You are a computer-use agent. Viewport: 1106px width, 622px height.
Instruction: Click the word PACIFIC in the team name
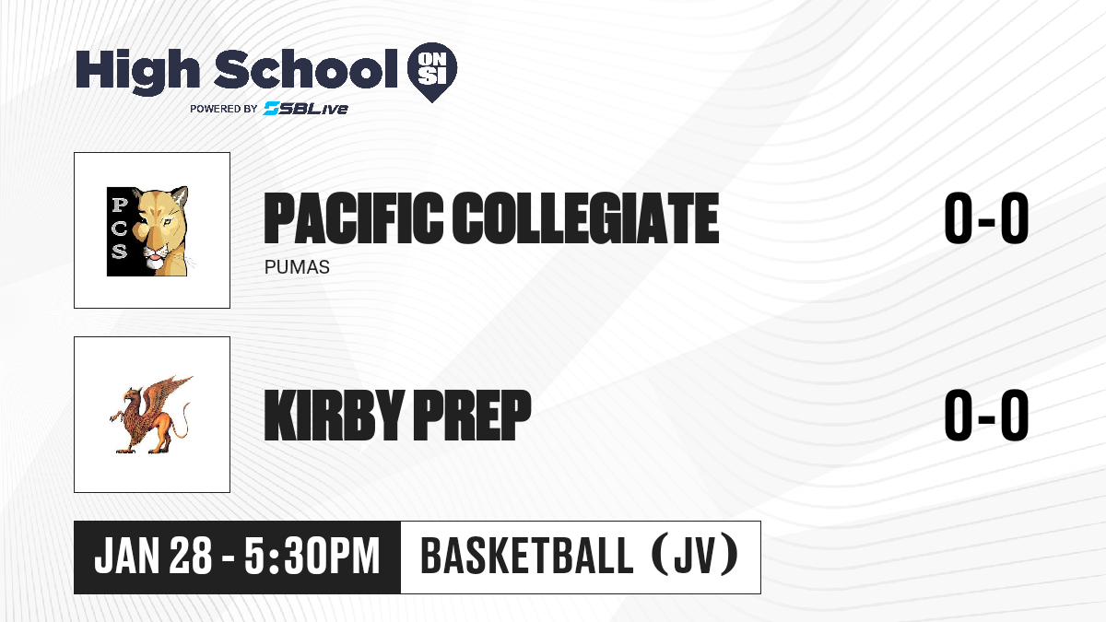[x=353, y=218]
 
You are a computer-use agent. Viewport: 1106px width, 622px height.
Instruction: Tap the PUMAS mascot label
[x=297, y=267]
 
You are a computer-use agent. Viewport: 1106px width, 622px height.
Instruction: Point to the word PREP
[x=472, y=415]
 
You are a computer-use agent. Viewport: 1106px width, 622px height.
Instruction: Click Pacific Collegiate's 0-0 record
[x=986, y=218]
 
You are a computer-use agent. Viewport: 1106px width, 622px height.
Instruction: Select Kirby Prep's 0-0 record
[x=986, y=415]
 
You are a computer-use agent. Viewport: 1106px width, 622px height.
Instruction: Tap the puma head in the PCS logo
[x=161, y=231]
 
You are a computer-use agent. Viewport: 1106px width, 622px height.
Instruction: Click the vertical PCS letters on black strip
[x=119, y=231]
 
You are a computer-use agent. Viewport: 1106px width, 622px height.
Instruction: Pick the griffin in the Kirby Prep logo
[x=150, y=415]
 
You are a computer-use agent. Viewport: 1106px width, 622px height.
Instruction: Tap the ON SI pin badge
[x=432, y=72]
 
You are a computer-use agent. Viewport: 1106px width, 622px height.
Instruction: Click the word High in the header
[x=137, y=71]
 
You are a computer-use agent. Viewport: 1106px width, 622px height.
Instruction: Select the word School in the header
[x=306, y=69]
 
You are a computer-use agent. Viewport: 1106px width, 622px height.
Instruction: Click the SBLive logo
[x=305, y=109]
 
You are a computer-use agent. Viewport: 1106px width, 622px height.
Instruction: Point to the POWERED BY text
[x=223, y=109]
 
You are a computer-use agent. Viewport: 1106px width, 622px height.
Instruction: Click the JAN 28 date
[x=153, y=557]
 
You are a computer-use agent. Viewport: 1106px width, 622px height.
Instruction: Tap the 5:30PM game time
[x=312, y=557]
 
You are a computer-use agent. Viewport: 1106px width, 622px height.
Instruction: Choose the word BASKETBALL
[x=526, y=557]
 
